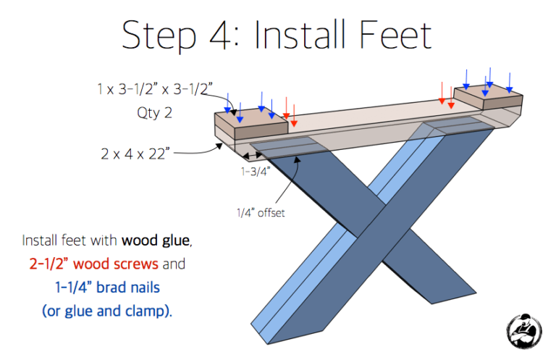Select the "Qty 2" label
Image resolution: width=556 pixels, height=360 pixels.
point(156,113)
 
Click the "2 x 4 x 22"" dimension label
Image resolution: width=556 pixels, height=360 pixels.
point(135,154)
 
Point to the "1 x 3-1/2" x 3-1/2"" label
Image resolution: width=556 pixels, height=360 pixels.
point(154,89)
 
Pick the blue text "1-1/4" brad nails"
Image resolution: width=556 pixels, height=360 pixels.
point(108,288)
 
